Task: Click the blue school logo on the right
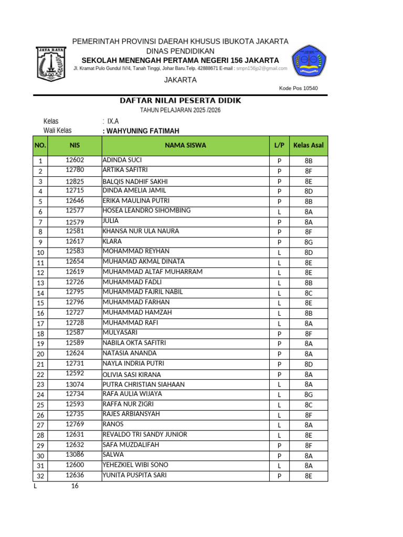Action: (310, 61)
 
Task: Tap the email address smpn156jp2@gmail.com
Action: (261, 69)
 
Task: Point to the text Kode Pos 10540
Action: (299, 88)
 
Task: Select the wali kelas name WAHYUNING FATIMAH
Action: (142, 131)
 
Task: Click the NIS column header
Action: (75, 145)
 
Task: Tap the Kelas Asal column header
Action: (309, 145)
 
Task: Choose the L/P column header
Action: (279, 145)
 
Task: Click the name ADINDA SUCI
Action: (122, 160)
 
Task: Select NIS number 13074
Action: (75, 384)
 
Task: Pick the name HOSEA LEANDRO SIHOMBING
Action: (146, 211)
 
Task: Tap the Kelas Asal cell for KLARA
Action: (309, 242)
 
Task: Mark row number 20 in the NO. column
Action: (40, 354)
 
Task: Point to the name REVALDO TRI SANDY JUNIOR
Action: (145, 435)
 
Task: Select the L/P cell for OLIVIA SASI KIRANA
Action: (279, 374)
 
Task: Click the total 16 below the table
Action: (75, 486)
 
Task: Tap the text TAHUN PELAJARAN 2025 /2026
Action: (181, 110)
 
